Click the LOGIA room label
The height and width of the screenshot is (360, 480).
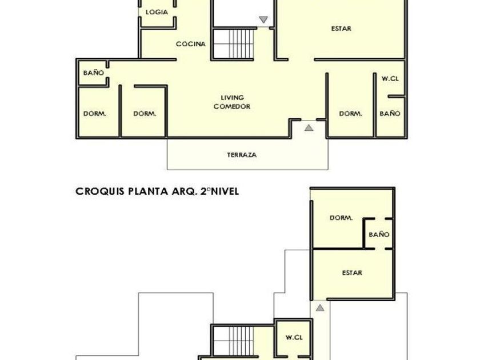[x=157, y=12]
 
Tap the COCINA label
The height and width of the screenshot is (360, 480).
[x=191, y=44]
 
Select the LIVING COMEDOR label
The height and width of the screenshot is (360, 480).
[x=232, y=102]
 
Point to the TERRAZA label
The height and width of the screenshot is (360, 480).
[x=242, y=155]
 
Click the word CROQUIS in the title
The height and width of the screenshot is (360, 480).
[x=100, y=191]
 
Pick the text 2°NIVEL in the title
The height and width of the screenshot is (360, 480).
[x=219, y=191]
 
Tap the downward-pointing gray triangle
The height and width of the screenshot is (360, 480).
[x=263, y=20]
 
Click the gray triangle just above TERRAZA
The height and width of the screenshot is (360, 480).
[x=309, y=127]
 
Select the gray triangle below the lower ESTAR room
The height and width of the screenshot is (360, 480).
[x=320, y=307]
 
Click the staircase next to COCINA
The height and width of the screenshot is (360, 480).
[x=234, y=44]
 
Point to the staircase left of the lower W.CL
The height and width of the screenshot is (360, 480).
[x=233, y=341]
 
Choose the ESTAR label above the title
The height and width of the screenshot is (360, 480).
[x=341, y=29]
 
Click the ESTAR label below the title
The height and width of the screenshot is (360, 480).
[x=352, y=273]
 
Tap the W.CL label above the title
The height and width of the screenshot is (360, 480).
[x=390, y=79]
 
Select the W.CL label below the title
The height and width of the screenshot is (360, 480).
[x=294, y=337]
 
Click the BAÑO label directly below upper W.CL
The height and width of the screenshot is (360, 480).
[x=390, y=114]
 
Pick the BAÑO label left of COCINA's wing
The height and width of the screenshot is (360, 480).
[x=94, y=73]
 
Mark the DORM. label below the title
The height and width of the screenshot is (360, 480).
[x=341, y=218]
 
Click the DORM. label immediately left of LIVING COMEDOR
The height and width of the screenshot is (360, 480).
[x=145, y=114]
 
